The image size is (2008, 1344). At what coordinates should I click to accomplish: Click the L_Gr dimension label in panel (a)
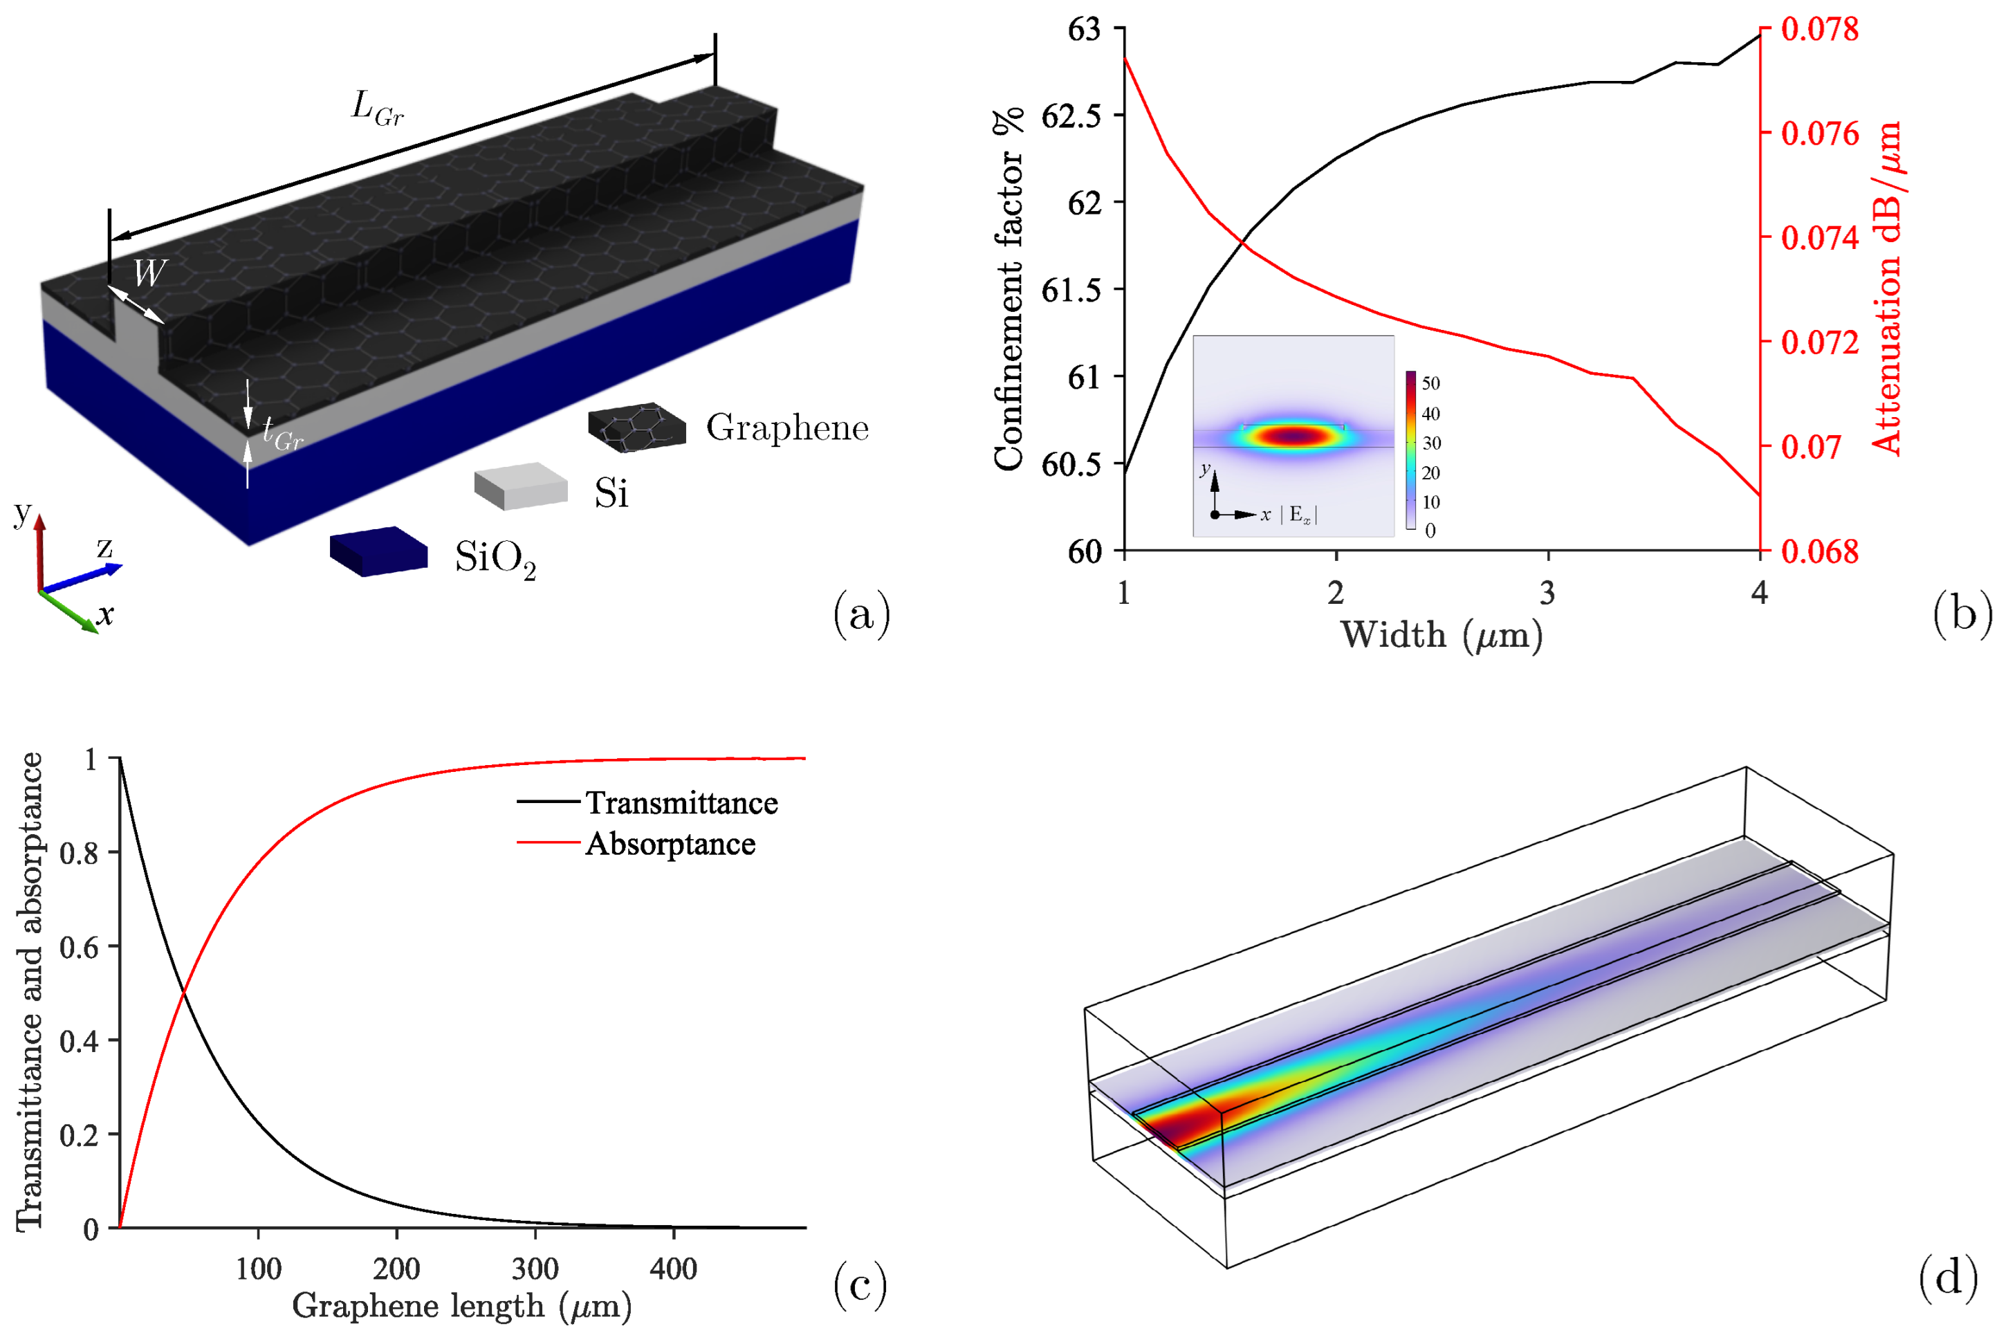tap(377, 109)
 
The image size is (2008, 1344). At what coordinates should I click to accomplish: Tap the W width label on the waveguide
tap(149, 273)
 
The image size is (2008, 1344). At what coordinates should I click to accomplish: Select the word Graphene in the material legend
tap(786, 427)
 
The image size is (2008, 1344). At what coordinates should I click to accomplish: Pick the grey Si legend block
tap(521, 486)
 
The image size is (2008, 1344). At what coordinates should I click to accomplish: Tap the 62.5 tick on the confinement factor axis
tap(1071, 116)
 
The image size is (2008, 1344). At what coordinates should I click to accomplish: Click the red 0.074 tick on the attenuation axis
tap(1819, 237)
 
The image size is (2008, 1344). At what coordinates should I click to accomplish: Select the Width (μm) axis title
tap(1441, 635)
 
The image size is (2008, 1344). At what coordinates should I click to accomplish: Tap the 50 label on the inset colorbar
tap(1430, 383)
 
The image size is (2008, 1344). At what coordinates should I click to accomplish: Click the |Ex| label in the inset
tap(1299, 514)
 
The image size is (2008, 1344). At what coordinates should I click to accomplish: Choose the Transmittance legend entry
tap(681, 802)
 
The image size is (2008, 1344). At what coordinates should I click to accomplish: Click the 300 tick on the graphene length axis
tap(535, 1268)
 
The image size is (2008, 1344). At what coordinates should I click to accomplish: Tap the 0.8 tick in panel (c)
tap(78, 853)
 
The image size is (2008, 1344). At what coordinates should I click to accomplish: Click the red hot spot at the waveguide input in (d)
tap(1179, 1127)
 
